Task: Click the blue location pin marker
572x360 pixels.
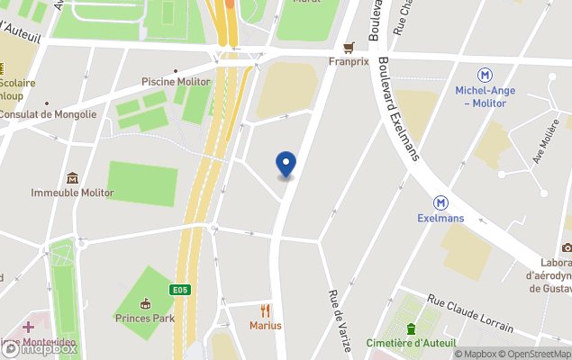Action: click(x=286, y=165)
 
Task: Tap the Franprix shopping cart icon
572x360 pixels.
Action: click(x=349, y=48)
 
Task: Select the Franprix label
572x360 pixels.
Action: click(x=349, y=62)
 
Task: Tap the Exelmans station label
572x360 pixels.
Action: click(x=441, y=218)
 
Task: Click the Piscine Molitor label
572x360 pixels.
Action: click(x=176, y=82)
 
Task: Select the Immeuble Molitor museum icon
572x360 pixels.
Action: click(x=72, y=177)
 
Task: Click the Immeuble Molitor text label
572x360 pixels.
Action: click(x=72, y=193)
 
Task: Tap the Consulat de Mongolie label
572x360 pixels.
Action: click(x=48, y=114)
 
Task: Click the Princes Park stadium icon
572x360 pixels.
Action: click(x=145, y=303)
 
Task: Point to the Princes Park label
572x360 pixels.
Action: click(x=144, y=318)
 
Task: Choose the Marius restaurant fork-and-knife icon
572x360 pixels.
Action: click(x=265, y=310)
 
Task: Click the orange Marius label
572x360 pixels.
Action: click(x=265, y=325)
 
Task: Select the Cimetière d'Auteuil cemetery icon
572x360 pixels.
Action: click(x=411, y=328)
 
